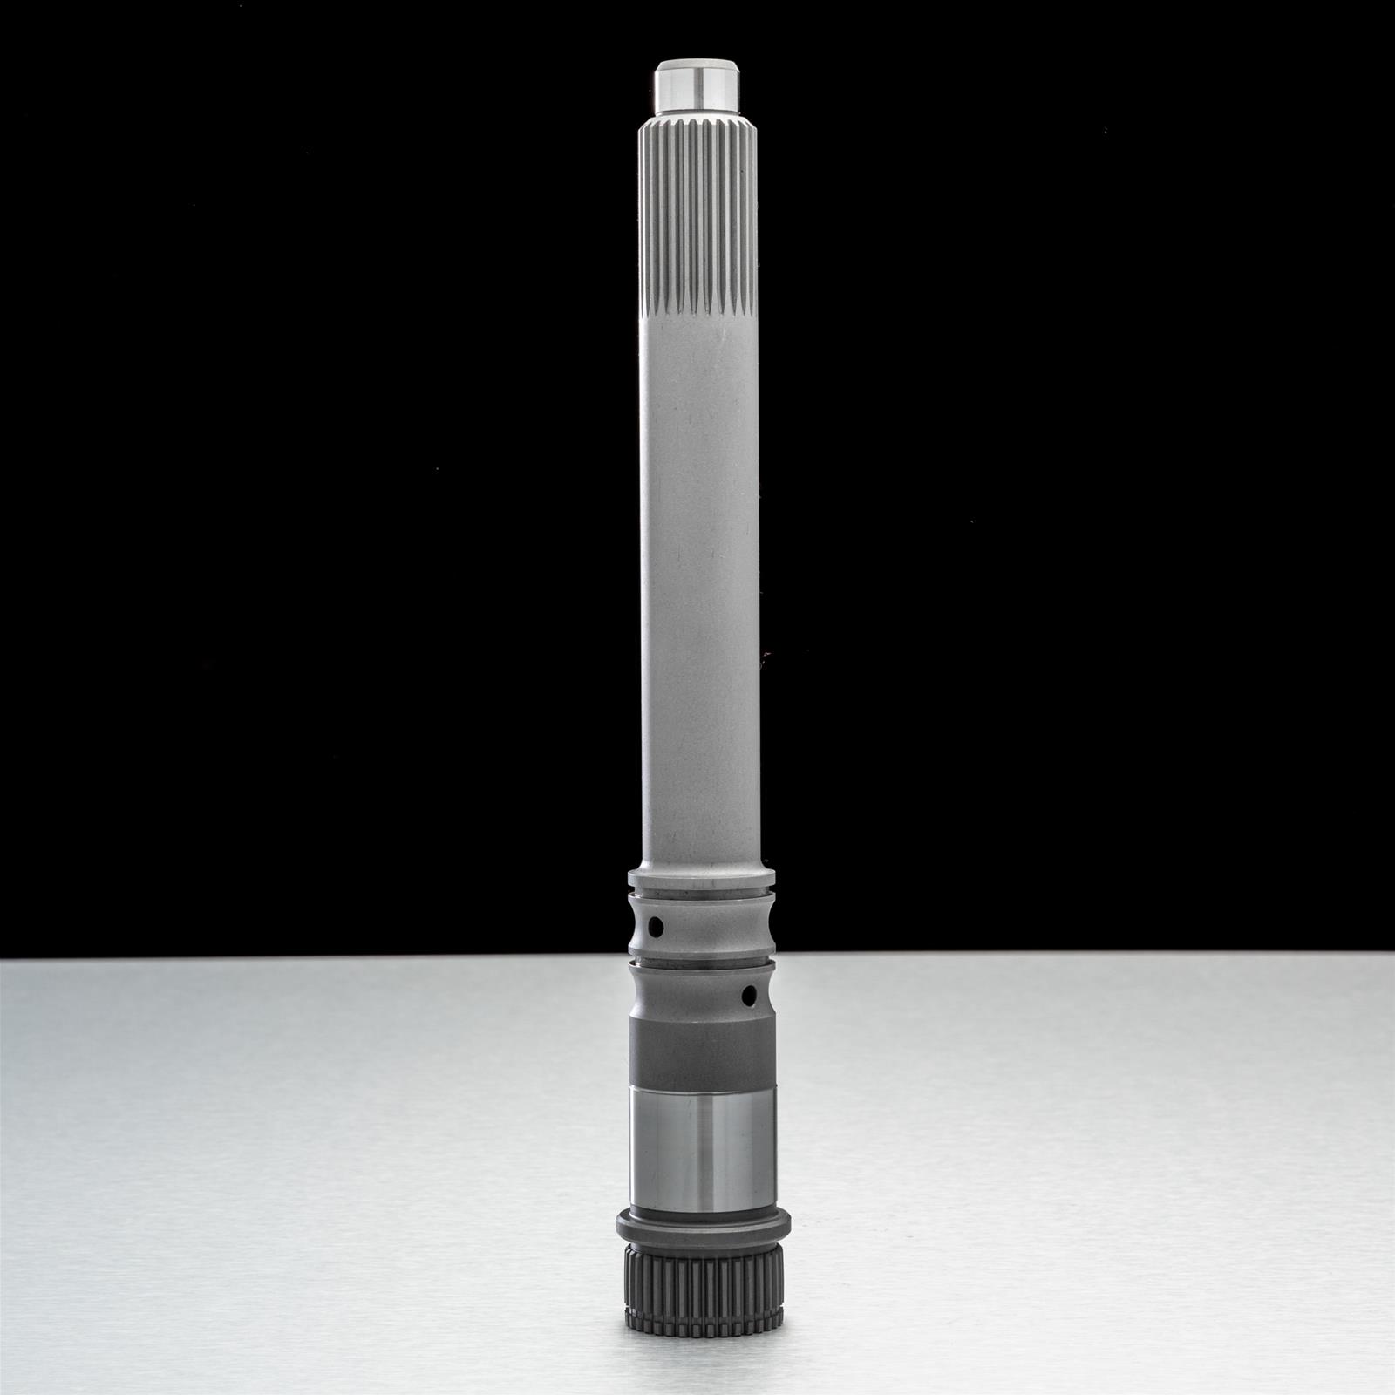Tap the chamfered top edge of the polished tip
click(x=698, y=63)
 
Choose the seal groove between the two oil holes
click(x=698, y=964)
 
